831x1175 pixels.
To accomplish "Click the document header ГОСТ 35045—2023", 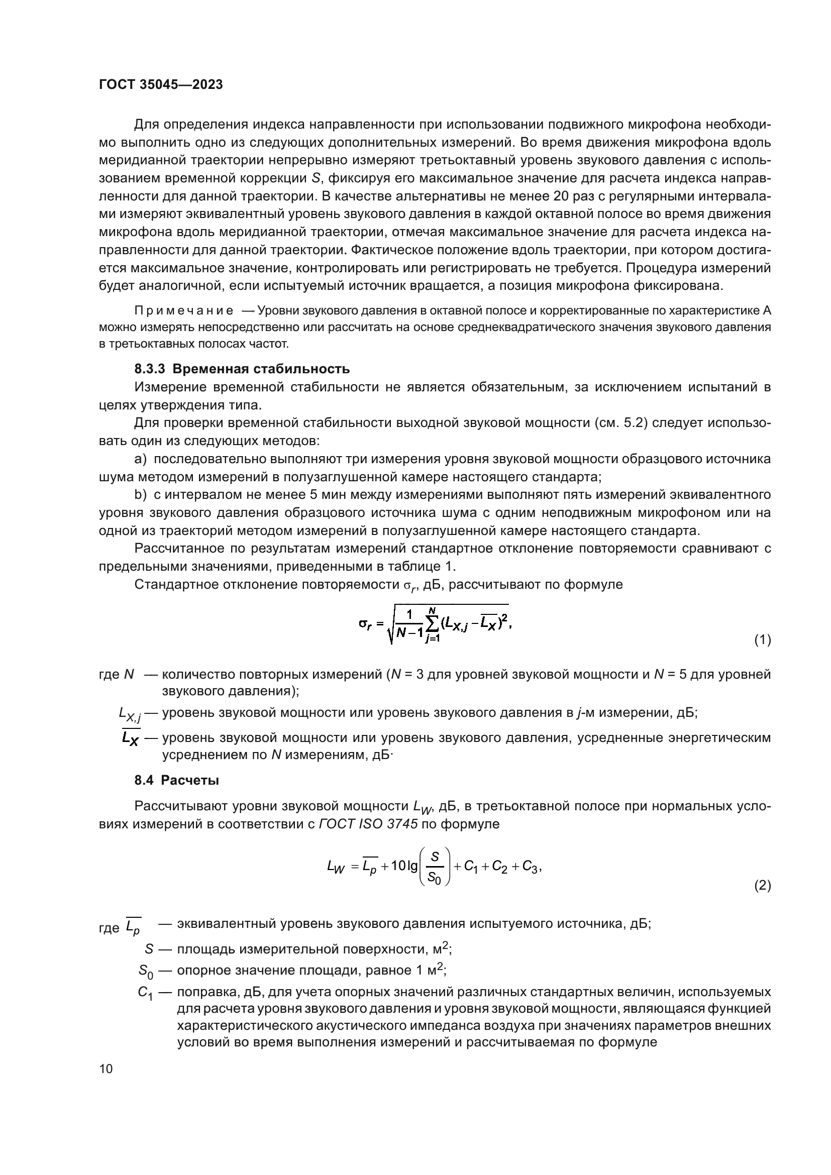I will point(161,85).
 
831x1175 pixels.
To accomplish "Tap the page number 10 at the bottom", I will point(106,1069).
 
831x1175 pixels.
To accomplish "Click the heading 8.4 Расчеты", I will point(176,781).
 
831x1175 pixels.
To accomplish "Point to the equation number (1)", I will point(763,639).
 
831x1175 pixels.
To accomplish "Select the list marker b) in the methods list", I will point(140,495).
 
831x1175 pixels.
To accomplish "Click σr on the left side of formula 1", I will point(367,624).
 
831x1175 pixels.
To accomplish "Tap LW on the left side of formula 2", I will point(336,867).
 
